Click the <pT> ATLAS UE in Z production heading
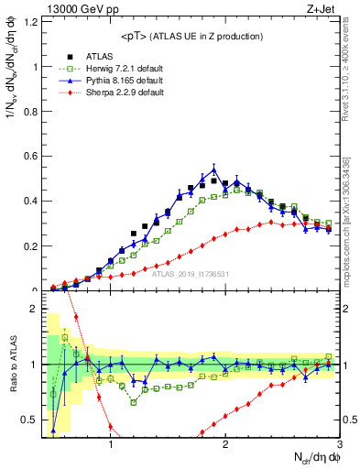[x=191, y=36]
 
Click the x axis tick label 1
[x=110, y=444]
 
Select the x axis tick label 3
[x=338, y=444]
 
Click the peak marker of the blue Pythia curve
[x=213, y=169]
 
